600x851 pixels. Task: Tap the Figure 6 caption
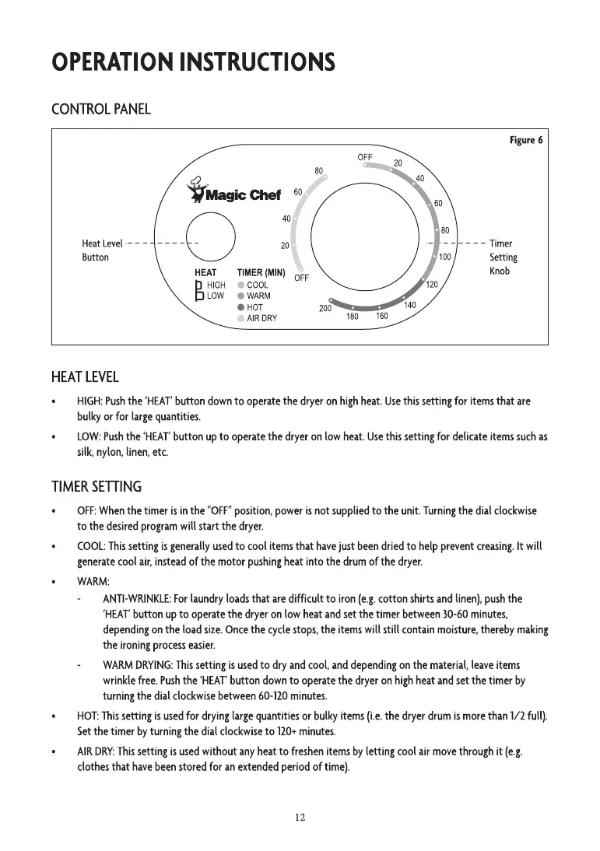526,140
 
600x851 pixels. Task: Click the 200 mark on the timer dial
326,309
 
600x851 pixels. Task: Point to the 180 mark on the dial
353,317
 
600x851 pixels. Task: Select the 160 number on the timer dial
381,316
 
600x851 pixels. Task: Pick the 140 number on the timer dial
410,305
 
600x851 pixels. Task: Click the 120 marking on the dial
433,285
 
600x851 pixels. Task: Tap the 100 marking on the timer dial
445,257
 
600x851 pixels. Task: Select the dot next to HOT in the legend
241,307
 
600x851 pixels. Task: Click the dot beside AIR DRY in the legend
241,318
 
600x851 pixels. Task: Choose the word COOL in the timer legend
258,285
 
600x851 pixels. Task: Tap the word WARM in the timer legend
259,296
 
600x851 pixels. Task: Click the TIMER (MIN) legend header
261,273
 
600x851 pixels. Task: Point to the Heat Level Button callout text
102,250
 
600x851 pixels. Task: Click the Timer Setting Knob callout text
503,257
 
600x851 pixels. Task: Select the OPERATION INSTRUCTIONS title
193,61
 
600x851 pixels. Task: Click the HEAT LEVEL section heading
85,377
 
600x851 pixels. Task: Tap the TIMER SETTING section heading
96,487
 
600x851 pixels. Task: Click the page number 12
300,817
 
